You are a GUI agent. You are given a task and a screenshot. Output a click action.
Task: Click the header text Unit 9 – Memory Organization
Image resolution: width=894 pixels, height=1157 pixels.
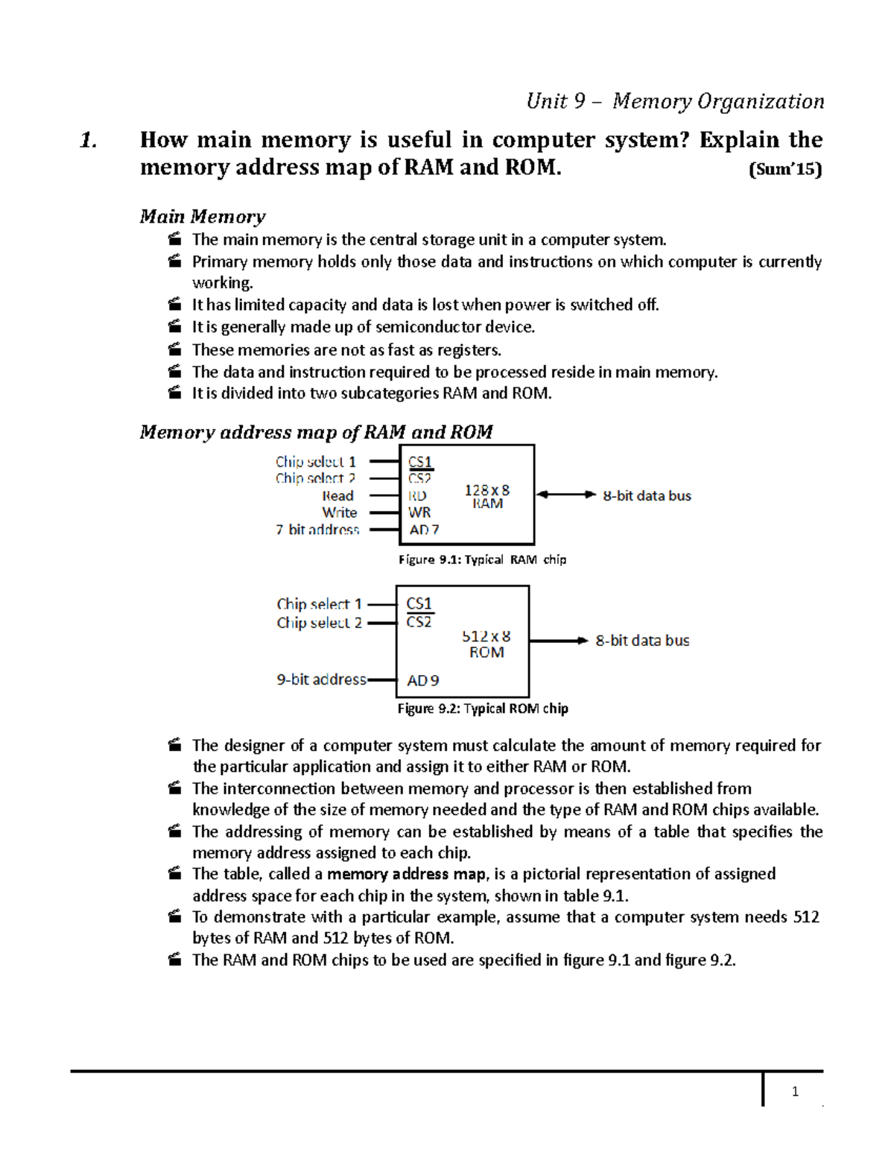(675, 101)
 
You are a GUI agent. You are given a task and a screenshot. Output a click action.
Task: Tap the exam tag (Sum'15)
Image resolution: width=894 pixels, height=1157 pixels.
(784, 170)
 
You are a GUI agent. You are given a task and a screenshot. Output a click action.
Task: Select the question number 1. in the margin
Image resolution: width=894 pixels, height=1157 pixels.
(89, 140)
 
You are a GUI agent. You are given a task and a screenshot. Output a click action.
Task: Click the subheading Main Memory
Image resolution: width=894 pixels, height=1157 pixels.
(202, 217)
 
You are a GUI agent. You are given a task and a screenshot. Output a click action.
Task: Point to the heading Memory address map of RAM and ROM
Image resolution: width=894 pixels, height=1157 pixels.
(316, 432)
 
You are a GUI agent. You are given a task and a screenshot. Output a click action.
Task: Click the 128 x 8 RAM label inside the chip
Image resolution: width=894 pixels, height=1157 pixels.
(487, 496)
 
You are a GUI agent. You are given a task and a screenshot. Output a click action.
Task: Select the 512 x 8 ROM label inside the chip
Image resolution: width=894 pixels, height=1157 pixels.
(486, 644)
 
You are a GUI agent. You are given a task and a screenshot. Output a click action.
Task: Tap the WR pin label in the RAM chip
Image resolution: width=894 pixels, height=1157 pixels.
(419, 513)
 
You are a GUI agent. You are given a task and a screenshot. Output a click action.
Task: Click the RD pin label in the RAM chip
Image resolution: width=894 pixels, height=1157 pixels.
(417, 495)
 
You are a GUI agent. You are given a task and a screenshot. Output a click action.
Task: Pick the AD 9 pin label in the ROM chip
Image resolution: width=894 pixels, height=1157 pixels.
(422, 680)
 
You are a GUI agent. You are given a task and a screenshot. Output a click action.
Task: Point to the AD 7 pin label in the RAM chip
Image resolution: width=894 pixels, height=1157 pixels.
(424, 530)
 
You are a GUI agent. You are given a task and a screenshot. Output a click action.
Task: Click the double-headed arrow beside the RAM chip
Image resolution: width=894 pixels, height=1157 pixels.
(566, 495)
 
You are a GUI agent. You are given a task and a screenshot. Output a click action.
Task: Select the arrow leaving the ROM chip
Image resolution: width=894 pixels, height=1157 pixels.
(559, 641)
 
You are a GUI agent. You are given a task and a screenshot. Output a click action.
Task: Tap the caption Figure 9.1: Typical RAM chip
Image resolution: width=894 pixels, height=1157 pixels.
(482, 560)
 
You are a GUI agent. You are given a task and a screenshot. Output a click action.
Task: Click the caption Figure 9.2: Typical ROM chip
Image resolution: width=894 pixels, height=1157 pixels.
(483, 709)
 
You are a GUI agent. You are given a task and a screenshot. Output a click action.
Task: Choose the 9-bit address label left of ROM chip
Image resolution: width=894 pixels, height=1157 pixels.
(321, 679)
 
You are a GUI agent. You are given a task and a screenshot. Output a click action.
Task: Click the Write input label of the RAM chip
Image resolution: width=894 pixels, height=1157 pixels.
(339, 513)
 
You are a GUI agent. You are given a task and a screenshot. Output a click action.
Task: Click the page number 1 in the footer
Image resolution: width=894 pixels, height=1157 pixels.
(795, 1091)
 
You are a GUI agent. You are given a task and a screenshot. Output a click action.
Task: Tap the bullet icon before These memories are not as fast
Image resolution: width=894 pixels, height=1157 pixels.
(174, 349)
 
